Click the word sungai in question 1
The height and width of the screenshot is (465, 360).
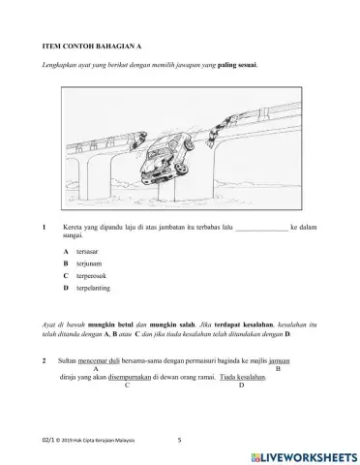click(73, 234)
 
